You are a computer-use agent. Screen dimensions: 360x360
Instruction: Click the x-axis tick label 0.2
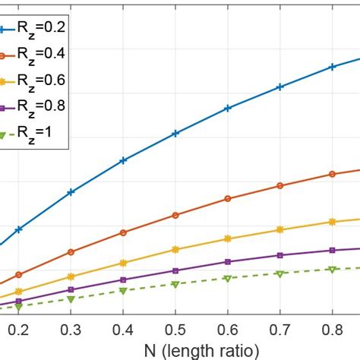19,331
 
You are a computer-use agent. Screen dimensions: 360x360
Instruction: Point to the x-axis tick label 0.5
175,331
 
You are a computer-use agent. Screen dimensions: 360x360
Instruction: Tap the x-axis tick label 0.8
332,331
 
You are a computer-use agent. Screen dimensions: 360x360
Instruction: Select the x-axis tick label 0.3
71,331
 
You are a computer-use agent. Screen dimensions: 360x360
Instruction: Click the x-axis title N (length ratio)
176,350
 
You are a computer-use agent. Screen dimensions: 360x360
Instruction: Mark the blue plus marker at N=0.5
175,134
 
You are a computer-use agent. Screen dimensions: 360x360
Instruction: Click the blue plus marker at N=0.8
332,68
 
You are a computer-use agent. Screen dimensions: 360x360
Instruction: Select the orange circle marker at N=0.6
228,199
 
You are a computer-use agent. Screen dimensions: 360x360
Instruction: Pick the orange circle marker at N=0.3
71,252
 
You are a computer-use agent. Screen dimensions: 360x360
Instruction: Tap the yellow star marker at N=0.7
280,229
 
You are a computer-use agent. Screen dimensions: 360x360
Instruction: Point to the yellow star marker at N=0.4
123,263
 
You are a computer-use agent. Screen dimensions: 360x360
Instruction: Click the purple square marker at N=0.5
175,270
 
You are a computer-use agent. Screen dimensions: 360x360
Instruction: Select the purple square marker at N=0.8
332,250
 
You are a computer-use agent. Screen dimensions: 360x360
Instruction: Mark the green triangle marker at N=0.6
228,279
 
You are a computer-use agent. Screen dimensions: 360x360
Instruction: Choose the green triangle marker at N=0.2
19,307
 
